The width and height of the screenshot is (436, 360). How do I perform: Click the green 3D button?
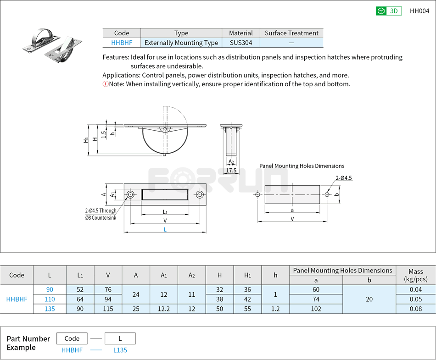pos(388,11)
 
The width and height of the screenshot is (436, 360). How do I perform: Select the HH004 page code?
pos(419,11)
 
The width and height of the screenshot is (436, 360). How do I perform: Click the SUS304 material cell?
pos(241,43)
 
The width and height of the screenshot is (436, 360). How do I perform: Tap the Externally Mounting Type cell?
pos(181,43)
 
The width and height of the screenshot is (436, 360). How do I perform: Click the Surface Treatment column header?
pos(291,33)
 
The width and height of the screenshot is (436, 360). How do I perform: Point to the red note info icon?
pos(105,84)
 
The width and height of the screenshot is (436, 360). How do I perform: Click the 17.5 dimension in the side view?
pos(231,171)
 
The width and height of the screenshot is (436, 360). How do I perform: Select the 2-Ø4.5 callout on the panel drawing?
pos(344,178)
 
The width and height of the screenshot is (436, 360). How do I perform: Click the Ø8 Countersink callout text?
pos(101,217)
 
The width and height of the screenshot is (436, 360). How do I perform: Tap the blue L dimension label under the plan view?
pos(165,229)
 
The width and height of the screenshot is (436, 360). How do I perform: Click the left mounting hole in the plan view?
pos(130,195)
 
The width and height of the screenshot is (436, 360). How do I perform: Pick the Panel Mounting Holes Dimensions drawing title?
pos(302,166)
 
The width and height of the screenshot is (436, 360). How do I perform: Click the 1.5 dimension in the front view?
pos(104,134)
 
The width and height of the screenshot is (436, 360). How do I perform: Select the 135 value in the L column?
pos(50,309)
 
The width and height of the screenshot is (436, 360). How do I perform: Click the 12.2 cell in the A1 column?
pos(164,309)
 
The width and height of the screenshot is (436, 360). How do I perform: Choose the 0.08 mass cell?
pos(415,309)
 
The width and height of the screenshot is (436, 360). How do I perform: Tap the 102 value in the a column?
pos(316,309)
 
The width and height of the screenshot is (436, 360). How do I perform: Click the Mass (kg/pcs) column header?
pos(415,275)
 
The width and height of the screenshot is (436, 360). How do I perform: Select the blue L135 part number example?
pos(120,350)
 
